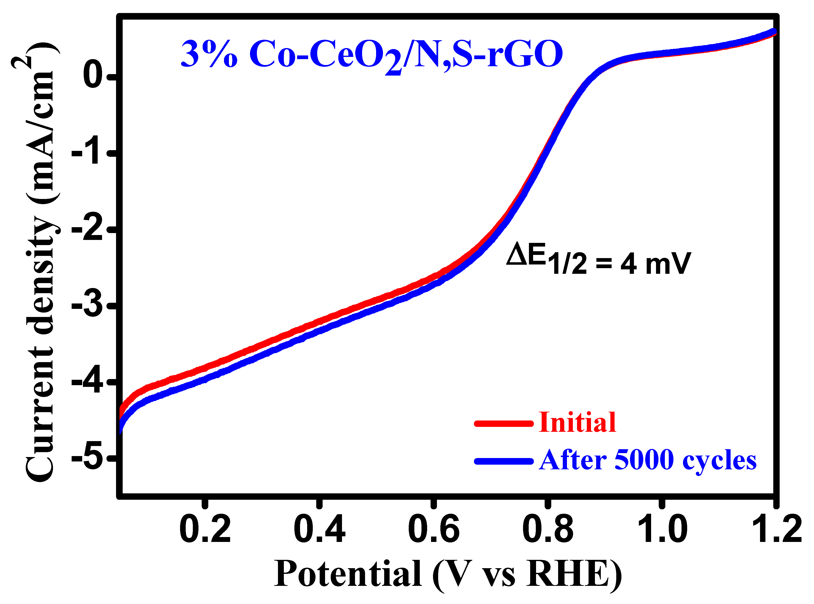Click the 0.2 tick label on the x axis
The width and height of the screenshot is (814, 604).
pos(205,529)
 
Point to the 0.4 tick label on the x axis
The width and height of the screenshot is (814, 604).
pos(319,529)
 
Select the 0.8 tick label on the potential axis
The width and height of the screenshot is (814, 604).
pos(548,529)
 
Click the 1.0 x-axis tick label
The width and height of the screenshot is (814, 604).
pos(662,529)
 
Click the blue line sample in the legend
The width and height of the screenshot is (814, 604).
pos(504,461)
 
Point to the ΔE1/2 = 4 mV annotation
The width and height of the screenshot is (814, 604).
pos(598,260)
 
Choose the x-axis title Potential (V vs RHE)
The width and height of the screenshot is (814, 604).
pos(448,575)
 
